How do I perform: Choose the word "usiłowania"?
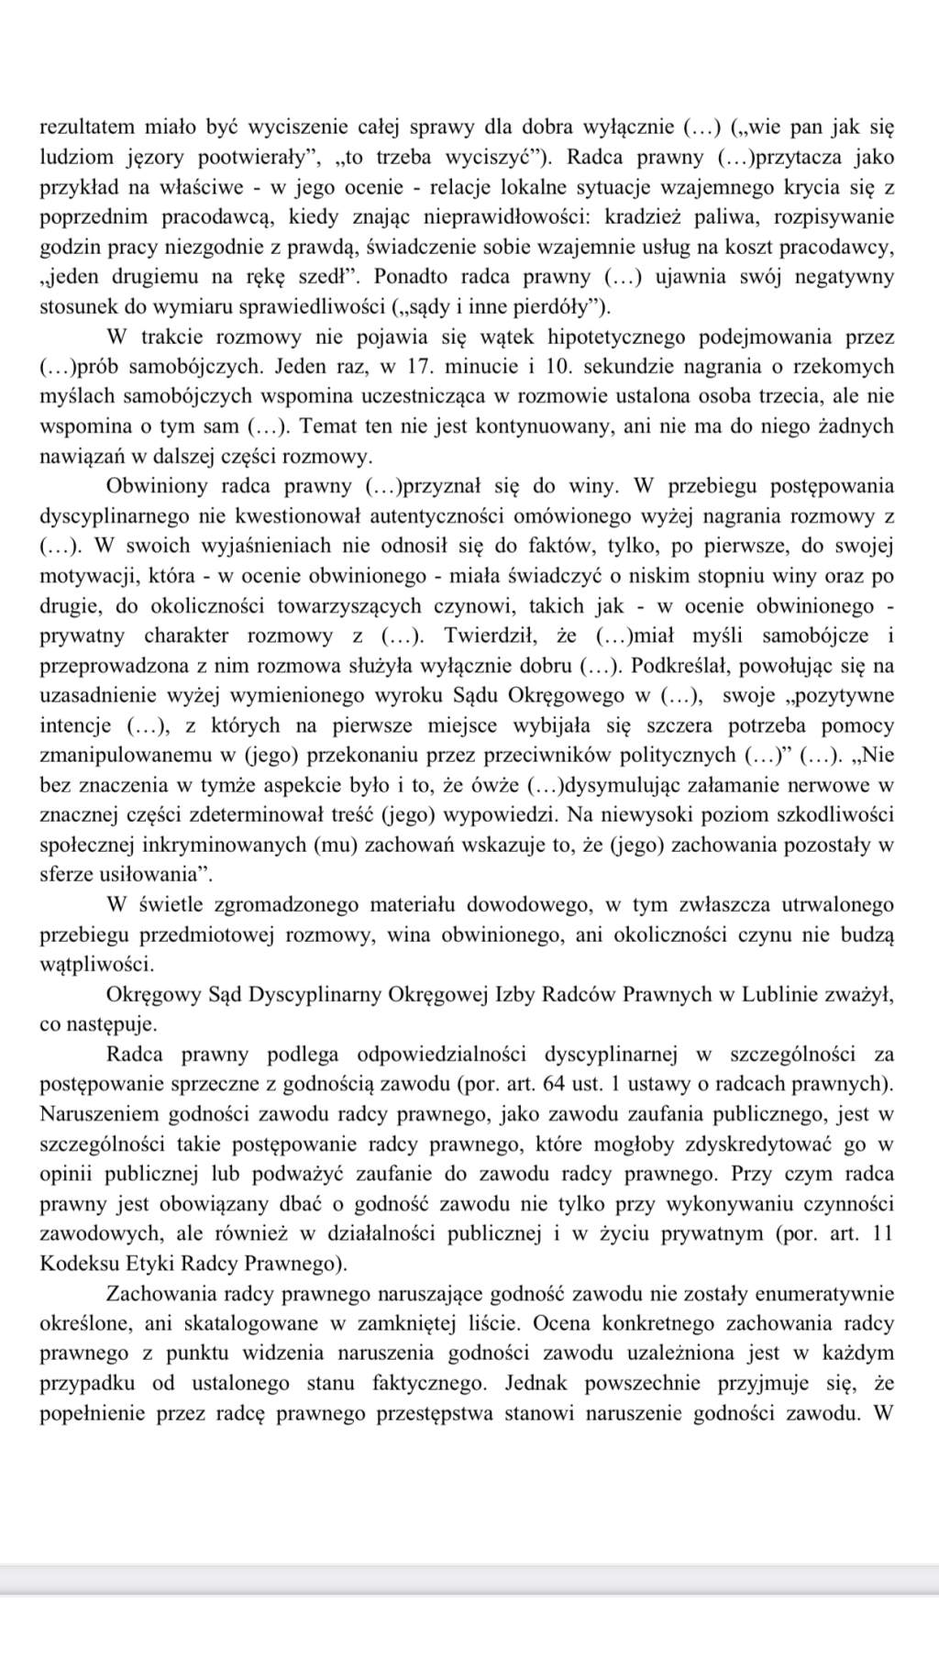(x=146, y=874)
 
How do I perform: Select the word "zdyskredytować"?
(x=766, y=1144)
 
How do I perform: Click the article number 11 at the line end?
(x=883, y=1233)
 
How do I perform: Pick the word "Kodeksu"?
(x=74, y=1264)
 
